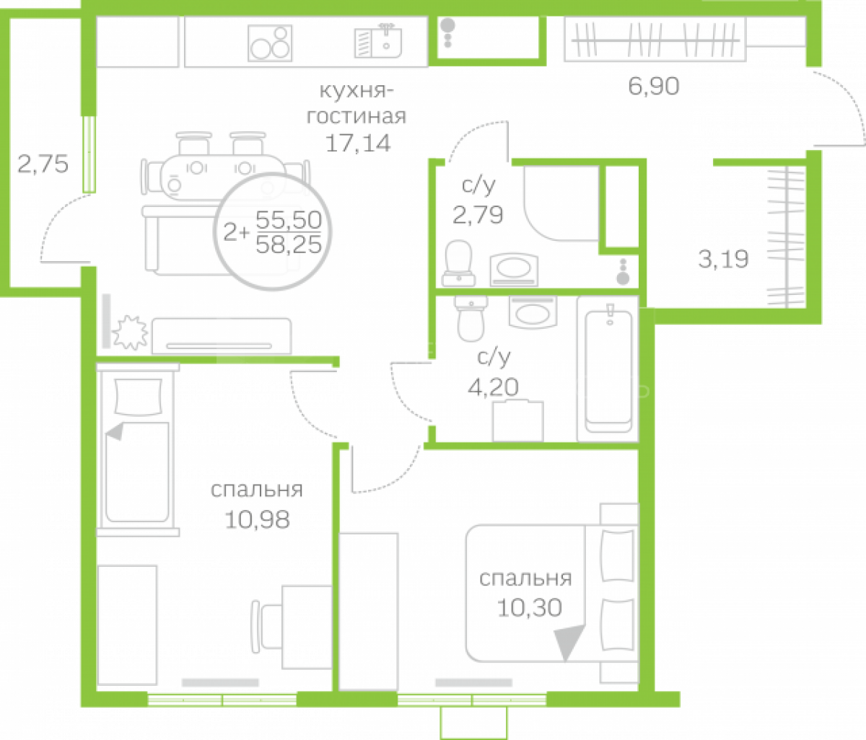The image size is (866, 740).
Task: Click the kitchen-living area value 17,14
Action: pyautogui.click(x=358, y=144)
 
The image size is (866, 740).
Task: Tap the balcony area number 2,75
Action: pyautogui.click(x=43, y=164)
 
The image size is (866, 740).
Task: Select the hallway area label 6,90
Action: pyautogui.click(x=654, y=87)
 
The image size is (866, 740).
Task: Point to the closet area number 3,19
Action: pyautogui.click(x=723, y=259)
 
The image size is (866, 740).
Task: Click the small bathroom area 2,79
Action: pyautogui.click(x=478, y=215)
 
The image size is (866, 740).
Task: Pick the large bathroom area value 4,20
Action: pyautogui.click(x=493, y=387)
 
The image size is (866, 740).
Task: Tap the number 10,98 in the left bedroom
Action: pyautogui.click(x=257, y=520)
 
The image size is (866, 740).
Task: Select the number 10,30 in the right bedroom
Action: pyautogui.click(x=530, y=608)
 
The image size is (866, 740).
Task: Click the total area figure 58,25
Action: pyautogui.click(x=289, y=245)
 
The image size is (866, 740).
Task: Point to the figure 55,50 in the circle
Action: pyautogui.click(x=289, y=219)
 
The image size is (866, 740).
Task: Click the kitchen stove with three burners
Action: pyautogui.click(x=270, y=43)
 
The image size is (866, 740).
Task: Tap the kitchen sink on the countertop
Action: pyautogui.click(x=378, y=41)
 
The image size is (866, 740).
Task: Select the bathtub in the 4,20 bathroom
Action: pyautogui.click(x=608, y=369)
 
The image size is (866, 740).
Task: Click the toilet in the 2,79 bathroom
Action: pyautogui.click(x=459, y=263)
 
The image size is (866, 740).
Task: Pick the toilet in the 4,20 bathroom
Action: pyautogui.click(x=471, y=318)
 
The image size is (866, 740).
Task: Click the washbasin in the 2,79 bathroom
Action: pyautogui.click(x=514, y=270)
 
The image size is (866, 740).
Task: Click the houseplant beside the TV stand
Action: pyautogui.click(x=130, y=332)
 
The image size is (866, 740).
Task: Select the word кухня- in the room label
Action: pyautogui.click(x=357, y=91)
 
